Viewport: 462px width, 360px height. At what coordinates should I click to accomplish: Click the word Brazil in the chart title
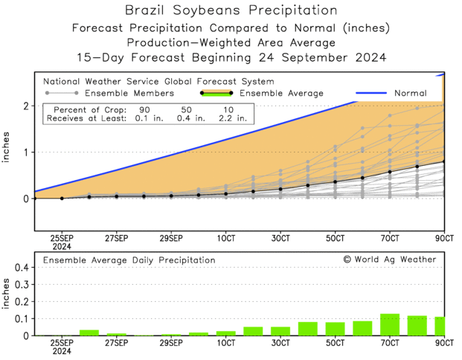150,10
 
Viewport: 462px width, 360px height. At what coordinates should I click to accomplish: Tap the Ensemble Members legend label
129,93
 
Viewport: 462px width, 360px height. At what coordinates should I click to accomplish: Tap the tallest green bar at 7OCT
390,325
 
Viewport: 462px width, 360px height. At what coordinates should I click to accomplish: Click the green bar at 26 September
89,332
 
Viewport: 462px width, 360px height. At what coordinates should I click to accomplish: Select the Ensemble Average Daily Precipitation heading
129,260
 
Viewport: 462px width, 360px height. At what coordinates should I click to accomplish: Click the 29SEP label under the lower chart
171,344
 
